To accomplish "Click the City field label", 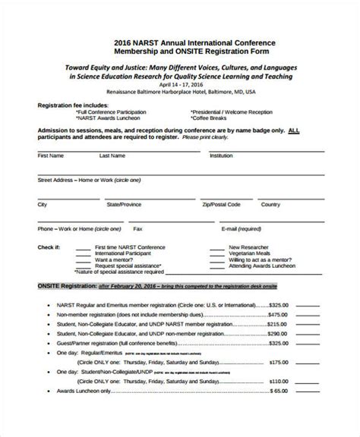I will pyautogui.click(x=43, y=205).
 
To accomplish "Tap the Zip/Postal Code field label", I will pyautogui.click(x=221, y=205).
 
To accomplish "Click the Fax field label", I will pyautogui.click(x=137, y=228).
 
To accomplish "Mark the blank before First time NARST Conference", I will pyautogui.click(x=82, y=247).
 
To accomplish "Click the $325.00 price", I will pyautogui.click(x=278, y=304).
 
